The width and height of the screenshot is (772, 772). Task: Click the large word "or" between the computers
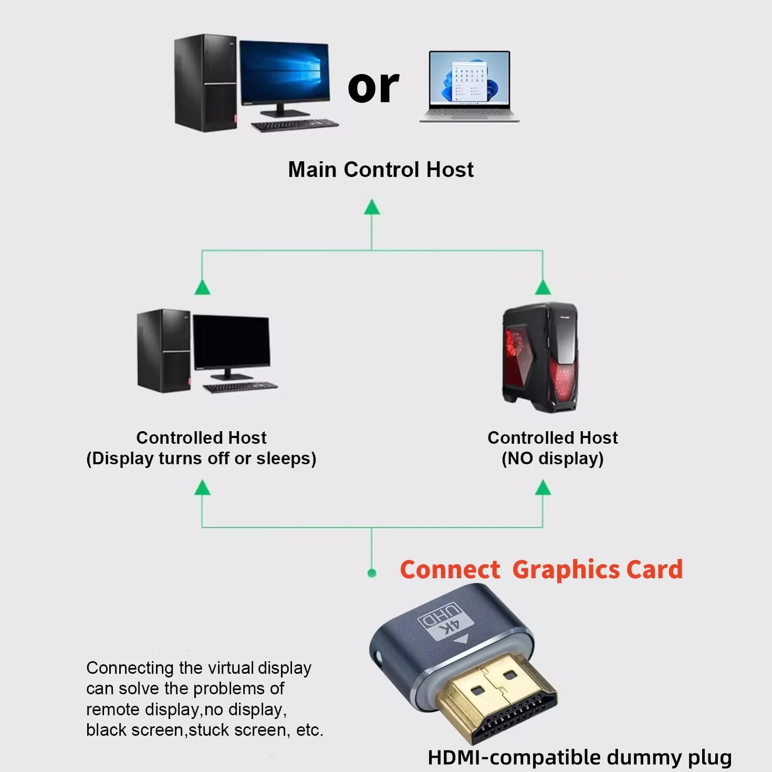[373, 87]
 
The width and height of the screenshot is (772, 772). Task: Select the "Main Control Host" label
[381, 170]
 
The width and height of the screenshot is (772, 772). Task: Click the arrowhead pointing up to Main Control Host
[372, 207]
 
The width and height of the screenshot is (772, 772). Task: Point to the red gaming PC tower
[540, 357]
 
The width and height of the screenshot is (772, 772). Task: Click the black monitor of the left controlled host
[231, 342]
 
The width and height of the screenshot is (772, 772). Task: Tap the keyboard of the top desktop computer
[295, 125]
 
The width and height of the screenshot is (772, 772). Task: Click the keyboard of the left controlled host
[241, 388]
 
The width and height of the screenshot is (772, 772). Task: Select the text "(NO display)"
[552, 458]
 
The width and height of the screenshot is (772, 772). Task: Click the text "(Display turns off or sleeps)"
[201, 458]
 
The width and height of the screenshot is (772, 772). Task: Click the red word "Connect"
[450, 570]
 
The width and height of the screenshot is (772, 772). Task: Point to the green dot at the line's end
[372, 573]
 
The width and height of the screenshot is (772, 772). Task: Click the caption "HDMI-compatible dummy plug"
[579, 757]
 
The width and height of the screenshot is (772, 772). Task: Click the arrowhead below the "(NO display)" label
[543, 488]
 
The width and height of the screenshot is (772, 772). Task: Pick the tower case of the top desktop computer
[205, 82]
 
